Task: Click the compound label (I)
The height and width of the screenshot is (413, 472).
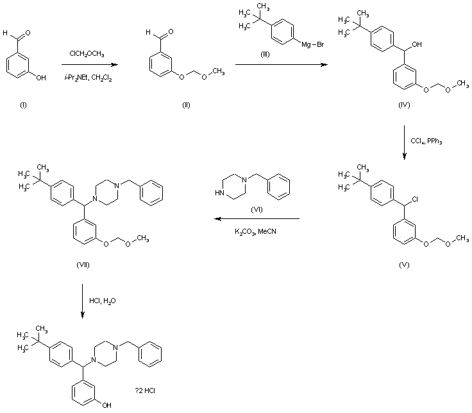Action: tap(24, 104)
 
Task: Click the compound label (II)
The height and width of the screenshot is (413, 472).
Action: tap(187, 104)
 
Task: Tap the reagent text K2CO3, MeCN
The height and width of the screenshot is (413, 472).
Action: tap(257, 231)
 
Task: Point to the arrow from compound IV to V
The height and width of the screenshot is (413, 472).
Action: tap(405, 141)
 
